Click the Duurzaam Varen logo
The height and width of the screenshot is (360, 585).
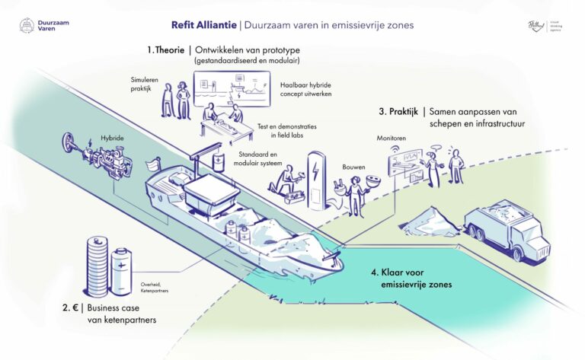click(43, 26)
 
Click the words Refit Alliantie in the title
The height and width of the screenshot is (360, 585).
click(203, 25)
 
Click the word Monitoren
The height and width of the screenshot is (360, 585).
click(392, 139)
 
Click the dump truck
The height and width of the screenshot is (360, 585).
click(506, 226)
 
